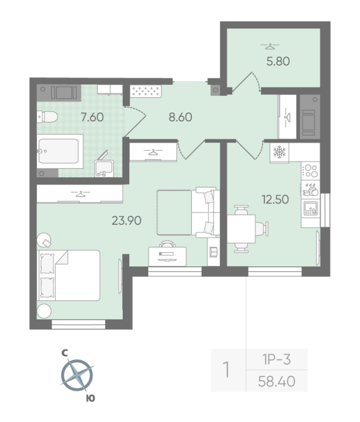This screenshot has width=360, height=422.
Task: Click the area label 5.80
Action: click(x=278, y=61)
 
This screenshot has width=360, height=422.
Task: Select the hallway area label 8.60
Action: click(x=180, y=117)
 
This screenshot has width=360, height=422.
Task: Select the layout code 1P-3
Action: click(x=277, y=360)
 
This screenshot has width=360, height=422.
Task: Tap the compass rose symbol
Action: click(x=77, y=376)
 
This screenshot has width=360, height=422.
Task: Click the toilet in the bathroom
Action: click(x=46, y=118)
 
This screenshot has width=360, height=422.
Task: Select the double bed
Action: click(x=69, y=275)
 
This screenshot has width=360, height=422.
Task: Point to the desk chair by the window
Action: click(x=167, y=245)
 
